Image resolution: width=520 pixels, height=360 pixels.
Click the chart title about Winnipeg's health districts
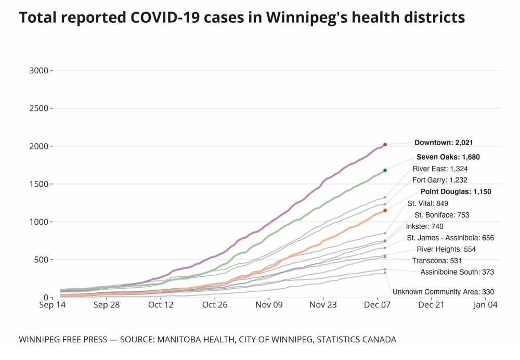(x=242, y=18)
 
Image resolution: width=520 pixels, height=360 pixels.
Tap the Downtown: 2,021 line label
(x=443, y=143)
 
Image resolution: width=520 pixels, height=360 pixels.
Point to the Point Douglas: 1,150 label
(x=456, y=191)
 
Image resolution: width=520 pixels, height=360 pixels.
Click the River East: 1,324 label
(x=440, y=169)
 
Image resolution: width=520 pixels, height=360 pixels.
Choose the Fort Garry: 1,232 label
(x=440, y=180)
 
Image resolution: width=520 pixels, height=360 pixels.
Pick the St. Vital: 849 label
(x=427, y=203)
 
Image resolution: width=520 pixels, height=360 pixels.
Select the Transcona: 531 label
(x=436, y=261)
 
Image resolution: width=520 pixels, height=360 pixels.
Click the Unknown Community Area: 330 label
(x=443, y=292)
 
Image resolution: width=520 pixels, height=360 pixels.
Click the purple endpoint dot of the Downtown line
(x=385, y=145)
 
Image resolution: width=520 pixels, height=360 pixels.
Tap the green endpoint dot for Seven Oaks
(x=385, y=170)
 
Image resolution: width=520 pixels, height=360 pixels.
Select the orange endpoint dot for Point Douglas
(x=385, y=211)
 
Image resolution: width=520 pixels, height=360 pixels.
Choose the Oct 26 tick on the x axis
(x=215, y=305)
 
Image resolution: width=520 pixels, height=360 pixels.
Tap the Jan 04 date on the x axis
(x=486, y=305)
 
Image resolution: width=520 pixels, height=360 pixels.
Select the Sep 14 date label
(x=53, y=305)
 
